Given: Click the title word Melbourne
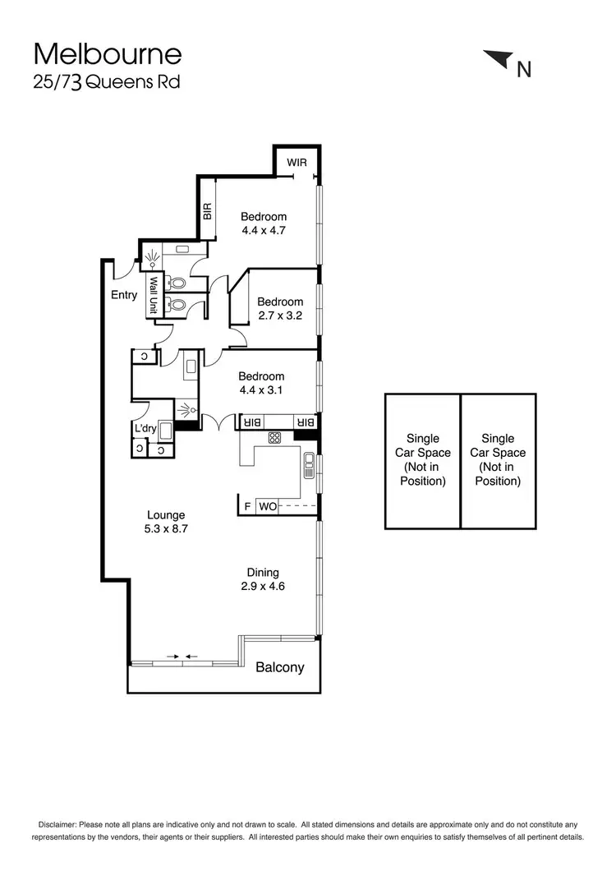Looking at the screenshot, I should tap(107, 55).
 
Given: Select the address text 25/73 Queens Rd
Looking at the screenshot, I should tap(106, 82).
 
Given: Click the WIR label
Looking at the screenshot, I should tap(297, 162).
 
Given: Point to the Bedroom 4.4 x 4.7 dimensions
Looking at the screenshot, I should tap(263, 230).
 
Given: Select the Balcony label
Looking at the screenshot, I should tap(279, 667).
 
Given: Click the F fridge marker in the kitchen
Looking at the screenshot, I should tap(247, 507).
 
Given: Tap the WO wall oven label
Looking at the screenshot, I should tap(268, 507).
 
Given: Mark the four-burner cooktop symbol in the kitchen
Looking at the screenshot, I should tap(275, 438).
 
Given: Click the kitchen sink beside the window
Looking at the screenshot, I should tap(309, 465).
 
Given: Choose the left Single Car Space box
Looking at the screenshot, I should tap(422, 460).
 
